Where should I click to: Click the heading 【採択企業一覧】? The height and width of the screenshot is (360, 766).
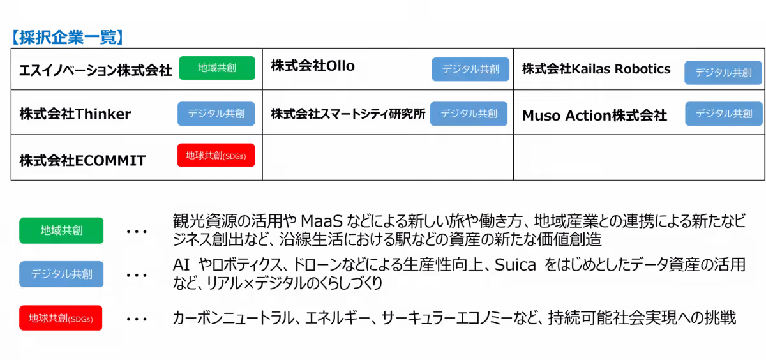[x=68, y=37]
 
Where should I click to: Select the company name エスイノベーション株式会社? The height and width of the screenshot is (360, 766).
[x=96, y=70]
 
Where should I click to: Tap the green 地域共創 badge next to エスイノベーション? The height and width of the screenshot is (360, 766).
[x=217, y=68]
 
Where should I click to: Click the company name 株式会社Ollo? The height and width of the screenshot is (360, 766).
[x=313, y=66]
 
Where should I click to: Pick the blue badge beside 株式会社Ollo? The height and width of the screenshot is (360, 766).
[x=470, y=70]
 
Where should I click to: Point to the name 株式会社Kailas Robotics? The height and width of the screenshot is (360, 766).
[x=596, y=69]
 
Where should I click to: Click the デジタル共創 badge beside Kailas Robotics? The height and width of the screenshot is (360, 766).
[x=723, y=73]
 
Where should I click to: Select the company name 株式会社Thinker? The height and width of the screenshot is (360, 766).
[x=75, y=114]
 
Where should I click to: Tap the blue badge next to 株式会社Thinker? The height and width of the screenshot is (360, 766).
[x=216, y=114]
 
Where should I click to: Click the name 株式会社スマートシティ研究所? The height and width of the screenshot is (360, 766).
[x=348, y=114]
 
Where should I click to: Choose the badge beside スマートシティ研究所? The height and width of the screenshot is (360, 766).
[x=469, y=114]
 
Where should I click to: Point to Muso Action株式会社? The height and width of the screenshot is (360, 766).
[x=595, y=116]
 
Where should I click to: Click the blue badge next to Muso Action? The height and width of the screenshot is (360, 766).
[x=724, y=114]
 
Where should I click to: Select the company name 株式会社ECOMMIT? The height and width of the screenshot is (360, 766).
[x=82, y=161]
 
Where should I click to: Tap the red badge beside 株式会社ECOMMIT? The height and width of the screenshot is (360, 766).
[x=216, y=155]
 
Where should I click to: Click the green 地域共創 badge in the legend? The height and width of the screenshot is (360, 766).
[x=61, y=230]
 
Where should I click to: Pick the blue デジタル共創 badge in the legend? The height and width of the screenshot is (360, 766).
[x=61, y=274]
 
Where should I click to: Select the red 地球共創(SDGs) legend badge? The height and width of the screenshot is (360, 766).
[x=61, y=318]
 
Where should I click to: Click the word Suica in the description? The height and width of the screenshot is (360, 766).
[x=515, y=265]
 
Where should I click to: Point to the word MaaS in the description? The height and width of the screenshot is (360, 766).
[x=322, y=221]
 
